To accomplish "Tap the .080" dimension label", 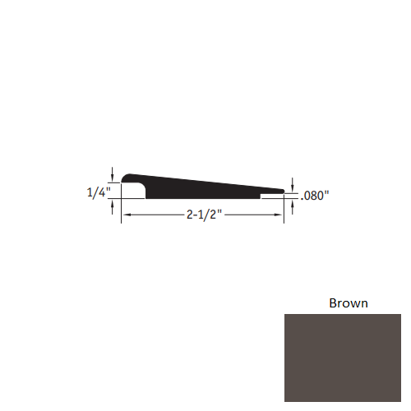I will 315,196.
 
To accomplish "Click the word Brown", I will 349,303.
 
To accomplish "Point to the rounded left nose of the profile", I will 126,178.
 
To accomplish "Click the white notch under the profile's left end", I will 134,192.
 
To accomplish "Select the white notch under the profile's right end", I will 273,197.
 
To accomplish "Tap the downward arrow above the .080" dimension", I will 294,184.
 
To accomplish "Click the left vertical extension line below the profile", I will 122,210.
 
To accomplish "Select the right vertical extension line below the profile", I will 285,210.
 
